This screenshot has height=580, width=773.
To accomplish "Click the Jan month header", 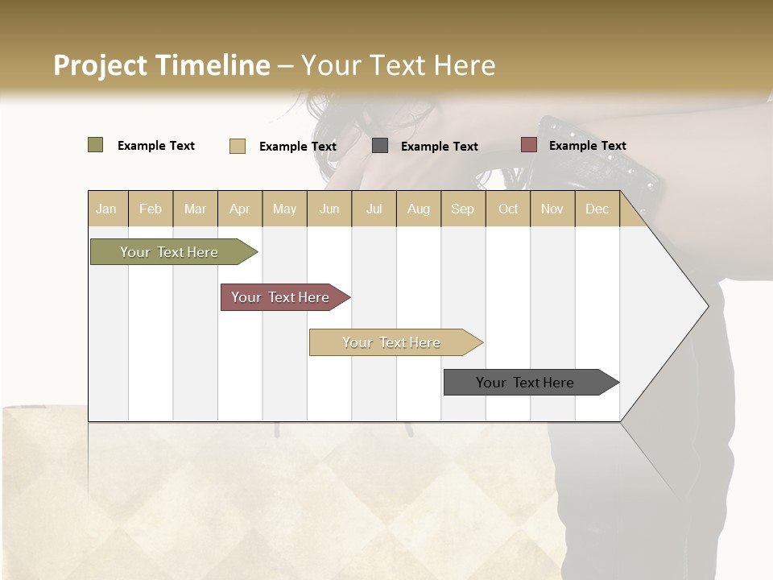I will coord(106,209).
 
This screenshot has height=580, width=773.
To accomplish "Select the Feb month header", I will coord(151,209).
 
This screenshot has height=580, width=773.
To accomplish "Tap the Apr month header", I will coord(240,209).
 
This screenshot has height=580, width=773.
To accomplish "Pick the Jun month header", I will coord(329,209).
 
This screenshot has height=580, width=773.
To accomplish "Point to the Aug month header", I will coord(419,209).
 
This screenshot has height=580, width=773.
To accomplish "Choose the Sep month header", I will coord(462,209).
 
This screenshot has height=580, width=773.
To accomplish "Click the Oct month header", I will coord(508,209).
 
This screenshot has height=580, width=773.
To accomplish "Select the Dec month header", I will coord(597,209).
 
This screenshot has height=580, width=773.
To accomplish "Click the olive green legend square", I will coord(95,145).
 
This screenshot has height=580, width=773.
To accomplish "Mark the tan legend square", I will coord(237,146).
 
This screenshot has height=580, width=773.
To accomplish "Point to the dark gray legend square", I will coord(380,146).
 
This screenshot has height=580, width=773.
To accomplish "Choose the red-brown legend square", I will coord(528,145).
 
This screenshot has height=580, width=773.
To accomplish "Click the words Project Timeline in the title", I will coord(161,65).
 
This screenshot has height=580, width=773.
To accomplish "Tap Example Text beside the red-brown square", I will coord(587,145).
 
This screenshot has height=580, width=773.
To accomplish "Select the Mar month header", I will coord(195,209).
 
